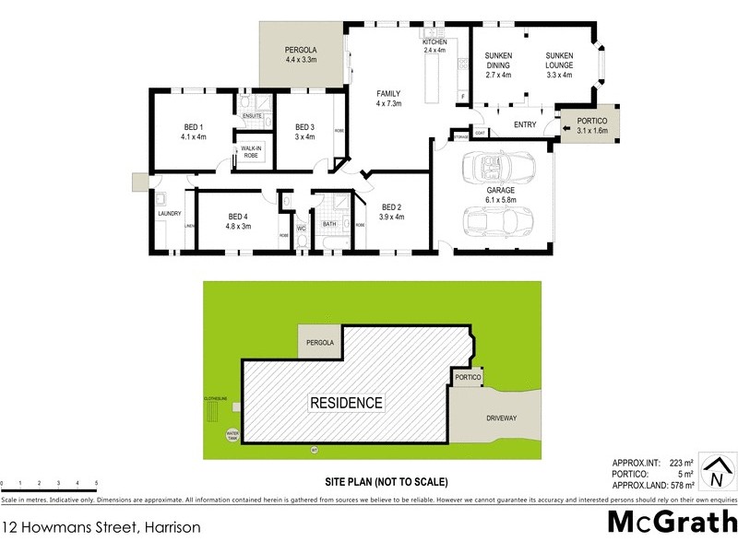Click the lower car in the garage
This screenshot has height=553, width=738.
(x=494, y=222)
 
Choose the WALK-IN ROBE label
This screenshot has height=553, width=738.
(x=250, y=152)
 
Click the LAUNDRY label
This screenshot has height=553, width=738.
(x=169, y=214)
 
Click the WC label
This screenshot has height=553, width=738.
(x=301, y=227)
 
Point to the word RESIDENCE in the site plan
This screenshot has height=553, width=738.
(x=346, y=403)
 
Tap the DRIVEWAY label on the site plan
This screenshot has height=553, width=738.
(x=501, y=418)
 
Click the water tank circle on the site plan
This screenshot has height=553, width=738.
(x=231, y=434)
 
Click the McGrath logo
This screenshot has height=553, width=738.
(x=672, y=522)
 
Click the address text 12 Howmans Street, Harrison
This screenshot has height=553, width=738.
(x=101, y=528)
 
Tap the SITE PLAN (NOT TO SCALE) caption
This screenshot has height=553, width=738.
(x=386, y=482)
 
